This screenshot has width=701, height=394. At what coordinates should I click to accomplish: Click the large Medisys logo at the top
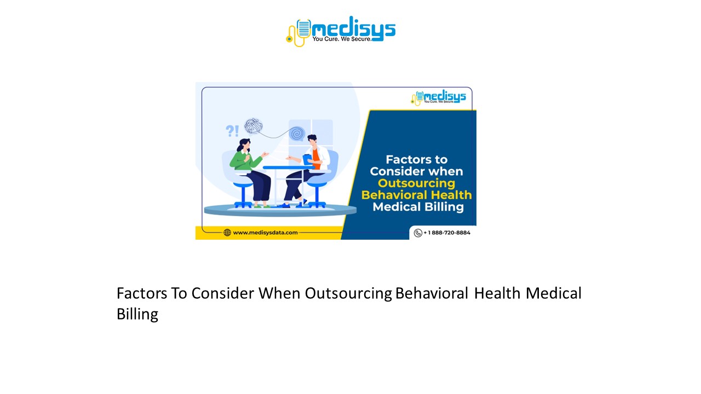click(340, 31)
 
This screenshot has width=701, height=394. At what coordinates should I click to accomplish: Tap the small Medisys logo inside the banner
click(438, 98)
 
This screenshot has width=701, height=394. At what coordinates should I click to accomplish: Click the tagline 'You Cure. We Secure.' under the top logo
click(342, 39)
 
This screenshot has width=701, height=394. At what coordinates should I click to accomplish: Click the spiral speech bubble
click(297, 133)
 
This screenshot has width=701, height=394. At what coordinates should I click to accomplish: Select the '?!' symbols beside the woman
click(232, 131)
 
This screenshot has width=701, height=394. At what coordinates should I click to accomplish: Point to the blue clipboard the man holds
click(307, 158)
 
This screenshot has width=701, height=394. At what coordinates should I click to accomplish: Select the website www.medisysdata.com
click(265, 233)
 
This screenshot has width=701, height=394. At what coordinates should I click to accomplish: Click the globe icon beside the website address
click(227, 233)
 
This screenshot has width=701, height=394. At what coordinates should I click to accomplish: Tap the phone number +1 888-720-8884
click(446, 233)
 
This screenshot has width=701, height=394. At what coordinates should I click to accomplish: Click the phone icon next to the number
click(418, 233)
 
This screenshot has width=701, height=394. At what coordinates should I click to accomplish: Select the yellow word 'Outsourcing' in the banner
click(416, 183)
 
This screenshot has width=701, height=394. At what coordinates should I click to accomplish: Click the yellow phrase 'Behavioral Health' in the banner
click(416, 195)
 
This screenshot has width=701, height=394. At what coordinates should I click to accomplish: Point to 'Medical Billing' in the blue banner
click(418, 207)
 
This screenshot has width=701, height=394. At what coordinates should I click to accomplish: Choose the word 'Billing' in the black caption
click(137, 314)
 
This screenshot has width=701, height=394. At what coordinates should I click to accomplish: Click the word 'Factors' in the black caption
click(142, 293)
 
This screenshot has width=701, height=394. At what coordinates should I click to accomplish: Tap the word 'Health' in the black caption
click(497, 293)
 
